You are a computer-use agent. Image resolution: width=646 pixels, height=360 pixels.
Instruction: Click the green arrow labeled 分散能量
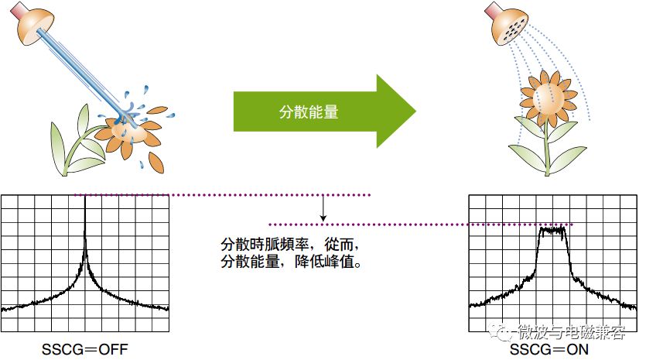click(x=325, y=111)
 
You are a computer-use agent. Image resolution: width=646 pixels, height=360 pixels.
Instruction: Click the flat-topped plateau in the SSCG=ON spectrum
click(x=553, y=231)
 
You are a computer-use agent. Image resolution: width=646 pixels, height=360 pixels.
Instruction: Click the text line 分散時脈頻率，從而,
click(x=289, y=245)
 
